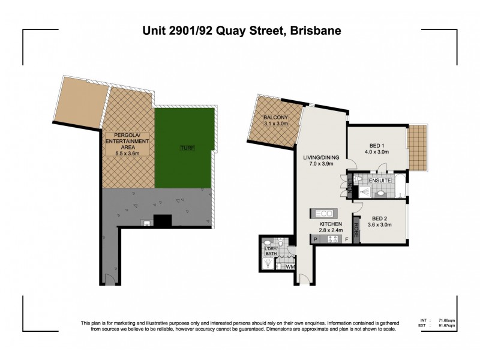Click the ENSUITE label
[380, 179]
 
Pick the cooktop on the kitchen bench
[331, 239]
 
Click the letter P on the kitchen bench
[315, 239]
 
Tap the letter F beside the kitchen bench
[346, 239]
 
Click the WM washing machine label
[290, 266]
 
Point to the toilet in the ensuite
[380, 193]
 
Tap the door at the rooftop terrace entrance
[108, 278]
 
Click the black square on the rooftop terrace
[163, 220]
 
